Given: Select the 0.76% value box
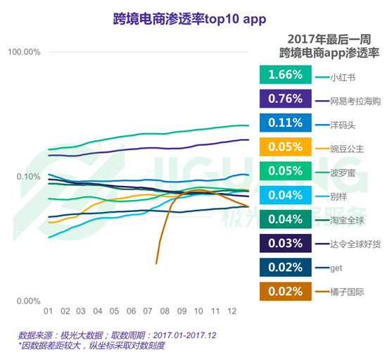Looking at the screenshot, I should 285,99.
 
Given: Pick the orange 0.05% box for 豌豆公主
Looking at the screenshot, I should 285,147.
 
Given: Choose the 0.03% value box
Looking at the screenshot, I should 285,243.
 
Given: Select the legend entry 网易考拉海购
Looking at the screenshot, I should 355,101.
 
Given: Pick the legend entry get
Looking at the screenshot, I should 336,268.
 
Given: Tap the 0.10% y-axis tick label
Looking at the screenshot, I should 27,177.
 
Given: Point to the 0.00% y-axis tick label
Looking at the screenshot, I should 27,301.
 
